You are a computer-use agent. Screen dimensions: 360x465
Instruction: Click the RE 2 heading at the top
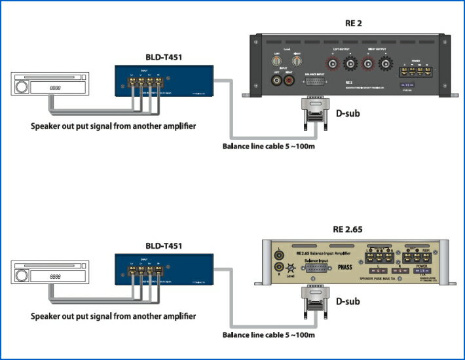tap(354, 24)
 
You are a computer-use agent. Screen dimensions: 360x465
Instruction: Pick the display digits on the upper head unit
tap(56, 87)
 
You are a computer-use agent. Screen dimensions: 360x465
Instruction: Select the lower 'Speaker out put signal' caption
tap(113, 316)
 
